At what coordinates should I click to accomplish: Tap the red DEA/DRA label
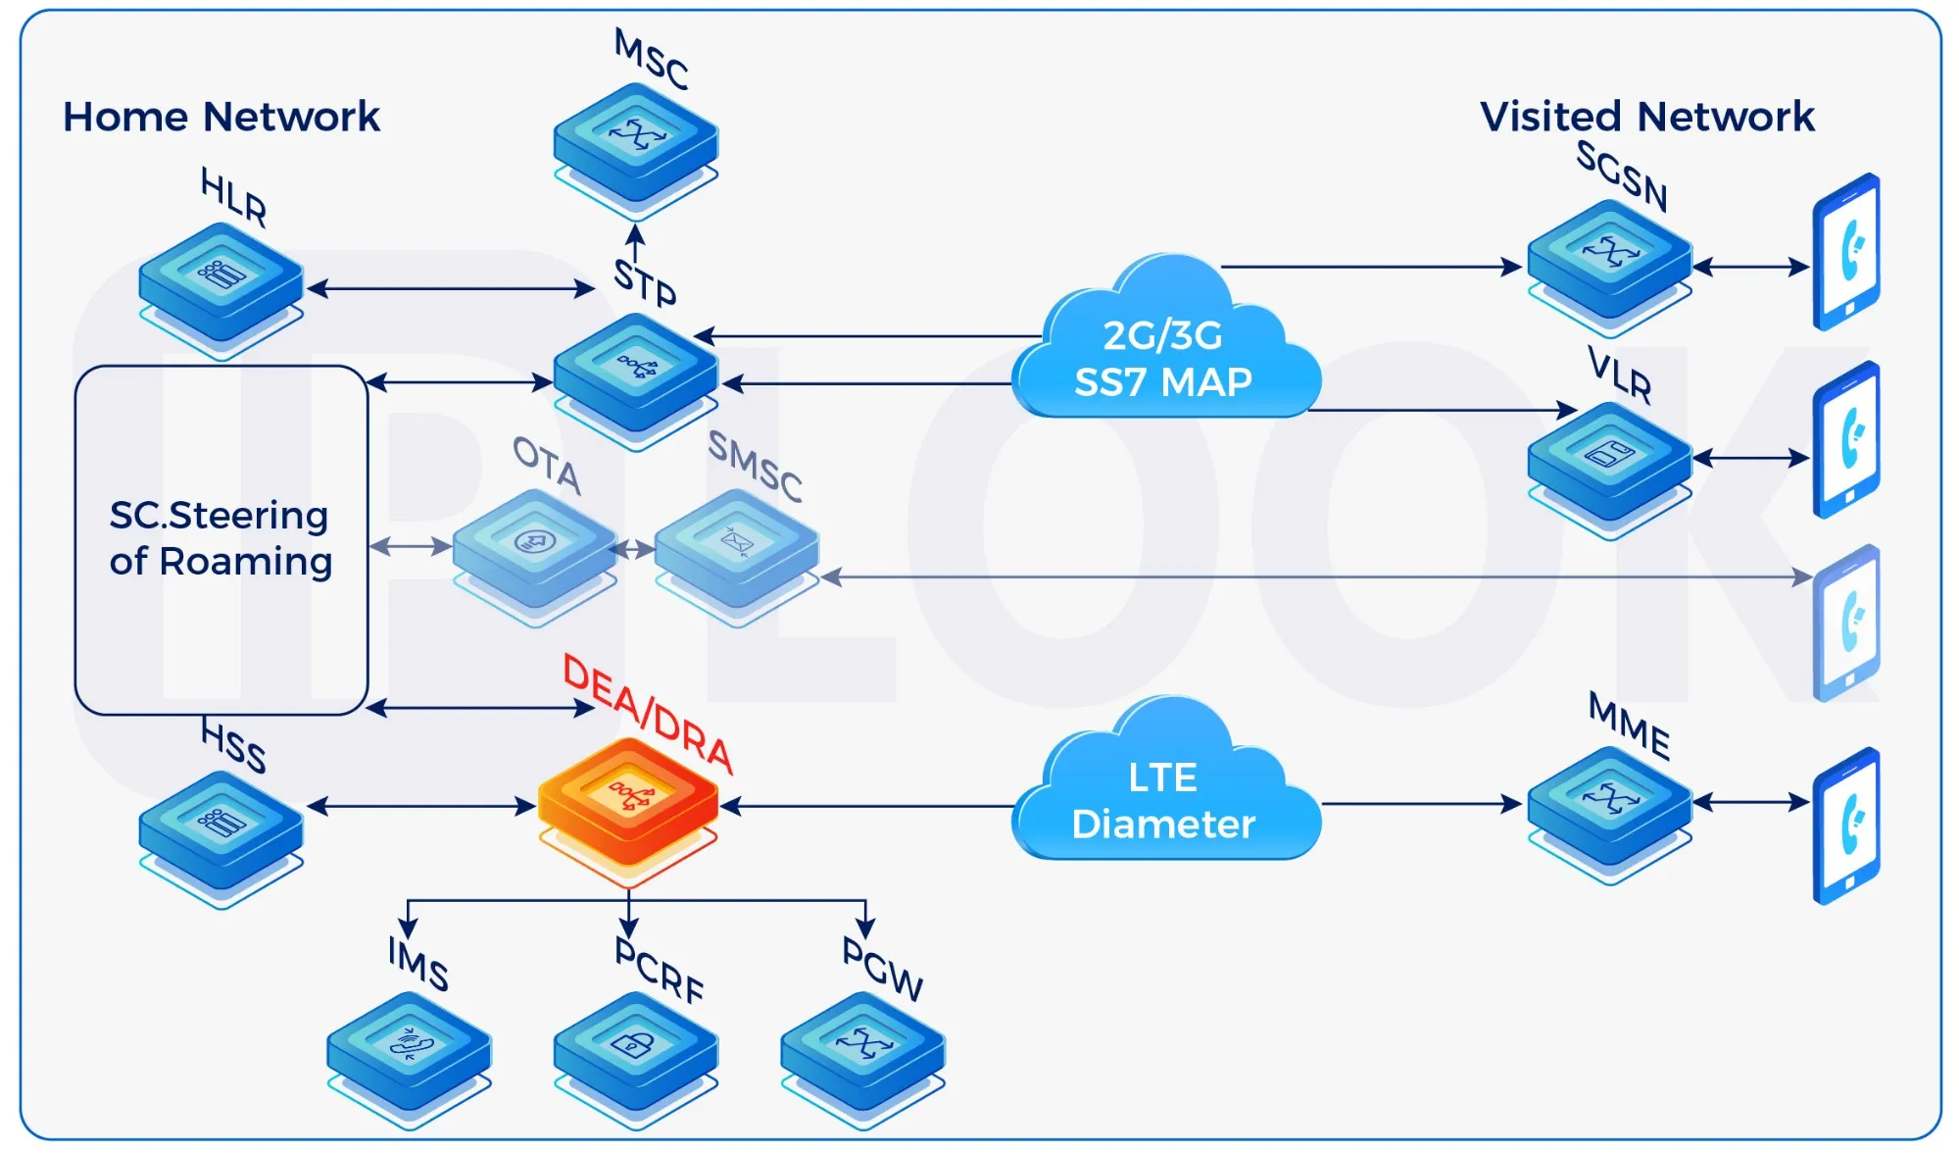point(647,714)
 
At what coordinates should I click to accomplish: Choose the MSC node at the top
point(635,142)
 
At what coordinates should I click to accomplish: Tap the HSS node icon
point(220,829)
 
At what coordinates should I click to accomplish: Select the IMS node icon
point(409,1050)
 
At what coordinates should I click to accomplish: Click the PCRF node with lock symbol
point(635,1050)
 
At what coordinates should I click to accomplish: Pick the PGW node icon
point(862,1050)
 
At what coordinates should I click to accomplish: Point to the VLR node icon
point(1609,461)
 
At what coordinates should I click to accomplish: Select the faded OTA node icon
point(534,549)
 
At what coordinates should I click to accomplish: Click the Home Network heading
point(221,117)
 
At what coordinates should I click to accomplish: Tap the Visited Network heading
point(1646,117)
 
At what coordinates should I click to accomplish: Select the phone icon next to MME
point(1846,826)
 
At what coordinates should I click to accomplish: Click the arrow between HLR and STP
point(451,288)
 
